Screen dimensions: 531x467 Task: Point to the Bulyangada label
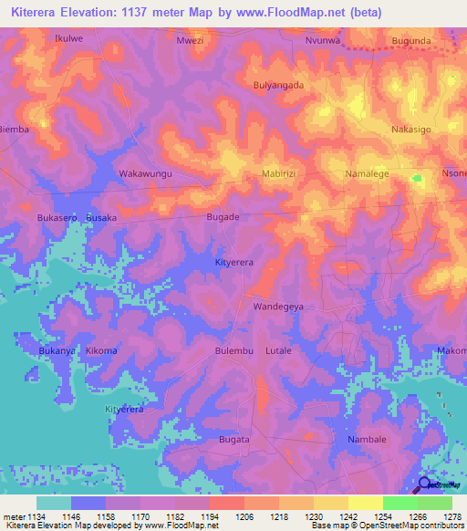tap(277, 85)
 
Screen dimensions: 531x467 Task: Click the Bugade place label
tap(223, 217)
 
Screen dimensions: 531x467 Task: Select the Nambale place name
tap(368, 440)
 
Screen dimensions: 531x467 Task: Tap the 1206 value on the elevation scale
tap(244, 515)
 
